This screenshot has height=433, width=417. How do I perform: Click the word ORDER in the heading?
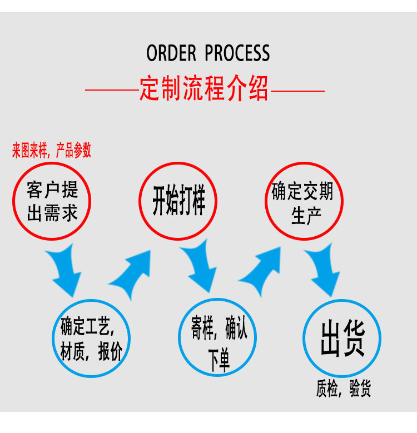tap(171, 53)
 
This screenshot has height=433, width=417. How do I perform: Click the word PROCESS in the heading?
tap(237, 53)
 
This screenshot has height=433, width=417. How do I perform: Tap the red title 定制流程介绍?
tap(204, 89)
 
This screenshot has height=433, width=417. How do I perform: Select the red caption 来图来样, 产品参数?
tap(52, 151)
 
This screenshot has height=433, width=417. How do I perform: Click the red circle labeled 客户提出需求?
tap(52, 201)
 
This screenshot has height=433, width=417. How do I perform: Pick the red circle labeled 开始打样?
tap(178, 201)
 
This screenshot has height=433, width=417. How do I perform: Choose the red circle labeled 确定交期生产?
tap(304, 201)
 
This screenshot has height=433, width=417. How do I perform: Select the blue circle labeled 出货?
tap(342, 339)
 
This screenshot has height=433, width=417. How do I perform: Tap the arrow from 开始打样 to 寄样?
tap(198, 269)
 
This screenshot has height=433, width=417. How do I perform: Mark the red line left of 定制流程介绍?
tap(112, 89)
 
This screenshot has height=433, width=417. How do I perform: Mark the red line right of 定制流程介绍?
tap(297, 89)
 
